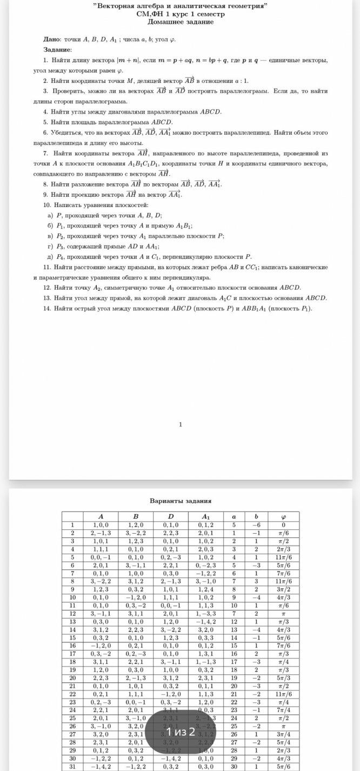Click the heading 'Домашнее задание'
(x=181, y=22)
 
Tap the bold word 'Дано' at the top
(x=52, y=39)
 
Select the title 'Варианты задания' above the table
(x=181, y=501)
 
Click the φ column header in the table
(x=283, y=516)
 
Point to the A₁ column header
(x=205, y=516)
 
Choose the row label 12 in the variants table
(x=72, y=614)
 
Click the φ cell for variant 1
(x=283, y=524)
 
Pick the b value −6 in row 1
(x=256, y=524)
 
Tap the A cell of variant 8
(x=101, y=581)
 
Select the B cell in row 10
(x=136, y=597)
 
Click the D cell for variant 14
(x=170, y=630)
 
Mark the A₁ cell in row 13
(x=205, y=622)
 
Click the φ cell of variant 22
(x=283, y=694)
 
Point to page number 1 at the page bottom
(x=181, y=424)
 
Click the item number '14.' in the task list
(x=48, y=308)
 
